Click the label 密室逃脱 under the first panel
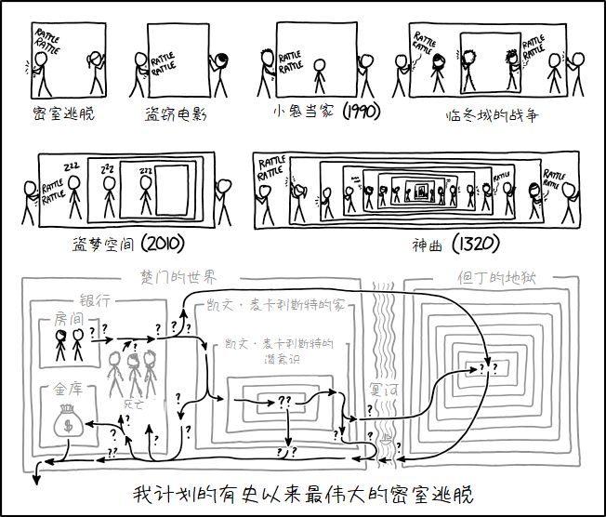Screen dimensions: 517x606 click(x=63, y=114)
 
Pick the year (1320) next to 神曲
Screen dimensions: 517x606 click(x=475, y=245)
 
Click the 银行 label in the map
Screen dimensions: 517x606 click(x=96, y=300)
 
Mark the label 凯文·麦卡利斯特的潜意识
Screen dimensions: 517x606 click(x=279, y=351)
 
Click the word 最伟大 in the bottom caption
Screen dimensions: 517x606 click(x=359, y=493)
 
